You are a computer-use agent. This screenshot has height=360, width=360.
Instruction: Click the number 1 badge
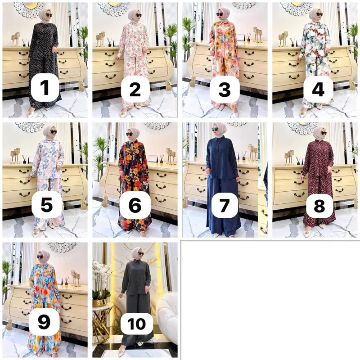pyautogui.click(x=45, y=88)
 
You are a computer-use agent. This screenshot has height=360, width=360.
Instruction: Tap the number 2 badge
pyautogui.click(x=135, y=90)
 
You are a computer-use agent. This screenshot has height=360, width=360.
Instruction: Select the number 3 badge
pyautogui.click(x=225, y=90)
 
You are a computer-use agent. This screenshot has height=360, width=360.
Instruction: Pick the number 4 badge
pyautogui.click(x=318, y=90)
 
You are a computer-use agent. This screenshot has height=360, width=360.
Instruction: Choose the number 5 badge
pyautogui.click(x=47, y=205)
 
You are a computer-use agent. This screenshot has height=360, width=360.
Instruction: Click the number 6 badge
pyautogui.click(x=135, y=205)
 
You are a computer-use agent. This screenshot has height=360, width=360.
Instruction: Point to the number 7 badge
pyautogui.click(x=224, y=206)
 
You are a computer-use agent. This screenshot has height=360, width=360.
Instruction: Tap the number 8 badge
pyautogui.click(x=319, y=206)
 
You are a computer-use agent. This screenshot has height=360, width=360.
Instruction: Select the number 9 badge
pyautogui.click(x=44, y=322)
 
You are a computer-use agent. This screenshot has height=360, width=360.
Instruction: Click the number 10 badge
pyautogui.click(x=137, y=324)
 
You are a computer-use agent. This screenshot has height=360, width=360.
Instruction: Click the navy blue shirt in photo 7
pyautogui.click(x=221, y=158)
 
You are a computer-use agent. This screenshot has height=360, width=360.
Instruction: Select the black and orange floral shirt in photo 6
pyautogui.click(x=134, y=161)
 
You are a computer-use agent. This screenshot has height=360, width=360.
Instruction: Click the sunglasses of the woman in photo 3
pyautogui.click(x=220, y=14)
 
